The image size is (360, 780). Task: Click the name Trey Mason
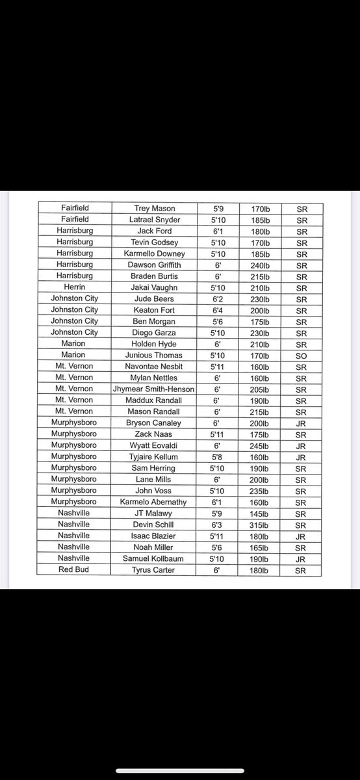pos(154,209)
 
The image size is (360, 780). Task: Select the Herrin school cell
pos(75,287)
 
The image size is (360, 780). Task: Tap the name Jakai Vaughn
pos(154,287)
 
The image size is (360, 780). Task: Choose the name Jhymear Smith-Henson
pos(154,389)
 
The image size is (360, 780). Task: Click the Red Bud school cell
pos(75,569)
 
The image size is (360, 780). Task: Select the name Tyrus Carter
pos(154,569)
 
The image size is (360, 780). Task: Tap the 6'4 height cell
pos(218,310)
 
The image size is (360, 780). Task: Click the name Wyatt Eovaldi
pos(154,445)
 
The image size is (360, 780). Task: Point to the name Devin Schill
pos(154,525)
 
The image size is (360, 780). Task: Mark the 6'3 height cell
pos(218,525)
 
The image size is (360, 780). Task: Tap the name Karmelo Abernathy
pos(154,502)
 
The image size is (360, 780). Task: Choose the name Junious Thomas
pos(154,355)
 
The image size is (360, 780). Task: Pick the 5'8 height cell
pos(218,457)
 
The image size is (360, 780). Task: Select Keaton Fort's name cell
pos(154,310)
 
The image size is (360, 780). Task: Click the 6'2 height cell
pos(218,298)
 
